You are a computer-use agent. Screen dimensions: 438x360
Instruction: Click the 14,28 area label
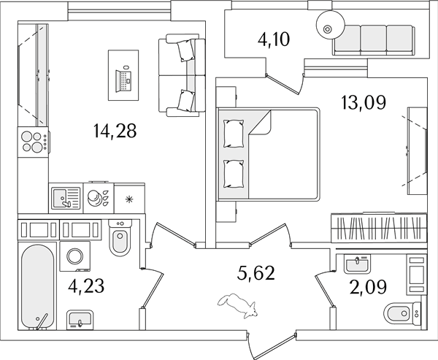[x=115, y=131]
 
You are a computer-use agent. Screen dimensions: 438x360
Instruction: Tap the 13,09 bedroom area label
[x=364, y=102]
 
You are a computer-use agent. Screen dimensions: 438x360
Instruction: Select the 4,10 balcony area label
[x=274, y=39]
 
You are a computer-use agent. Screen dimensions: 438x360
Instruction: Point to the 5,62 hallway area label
[x=256, y=273]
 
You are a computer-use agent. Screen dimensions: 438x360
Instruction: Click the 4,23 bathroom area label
[x=86, y=286]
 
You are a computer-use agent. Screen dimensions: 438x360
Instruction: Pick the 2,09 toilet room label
[x=368, y=287]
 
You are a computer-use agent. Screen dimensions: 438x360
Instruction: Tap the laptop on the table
[x=123, y=80]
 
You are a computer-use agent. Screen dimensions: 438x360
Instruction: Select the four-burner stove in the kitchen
[x=34, y=142]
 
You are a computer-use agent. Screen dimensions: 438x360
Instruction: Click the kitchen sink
[x=66, y=197]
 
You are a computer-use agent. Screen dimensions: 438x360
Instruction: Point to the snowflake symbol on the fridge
[x=128, y=199]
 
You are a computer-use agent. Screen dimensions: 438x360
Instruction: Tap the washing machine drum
[x=75, y=256]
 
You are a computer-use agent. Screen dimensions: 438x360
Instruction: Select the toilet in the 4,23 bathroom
[x=120, y=238]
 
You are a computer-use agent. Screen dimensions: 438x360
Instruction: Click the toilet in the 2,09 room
[x=402, y=314]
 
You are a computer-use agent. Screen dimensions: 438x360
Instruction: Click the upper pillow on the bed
[x=234, y=134]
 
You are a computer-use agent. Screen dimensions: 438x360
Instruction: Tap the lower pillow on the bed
[x=234, y=174]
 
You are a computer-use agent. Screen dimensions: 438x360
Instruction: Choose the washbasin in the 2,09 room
[x=357, y=264]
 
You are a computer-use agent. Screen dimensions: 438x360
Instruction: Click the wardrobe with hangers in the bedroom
[x=379, y=228]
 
